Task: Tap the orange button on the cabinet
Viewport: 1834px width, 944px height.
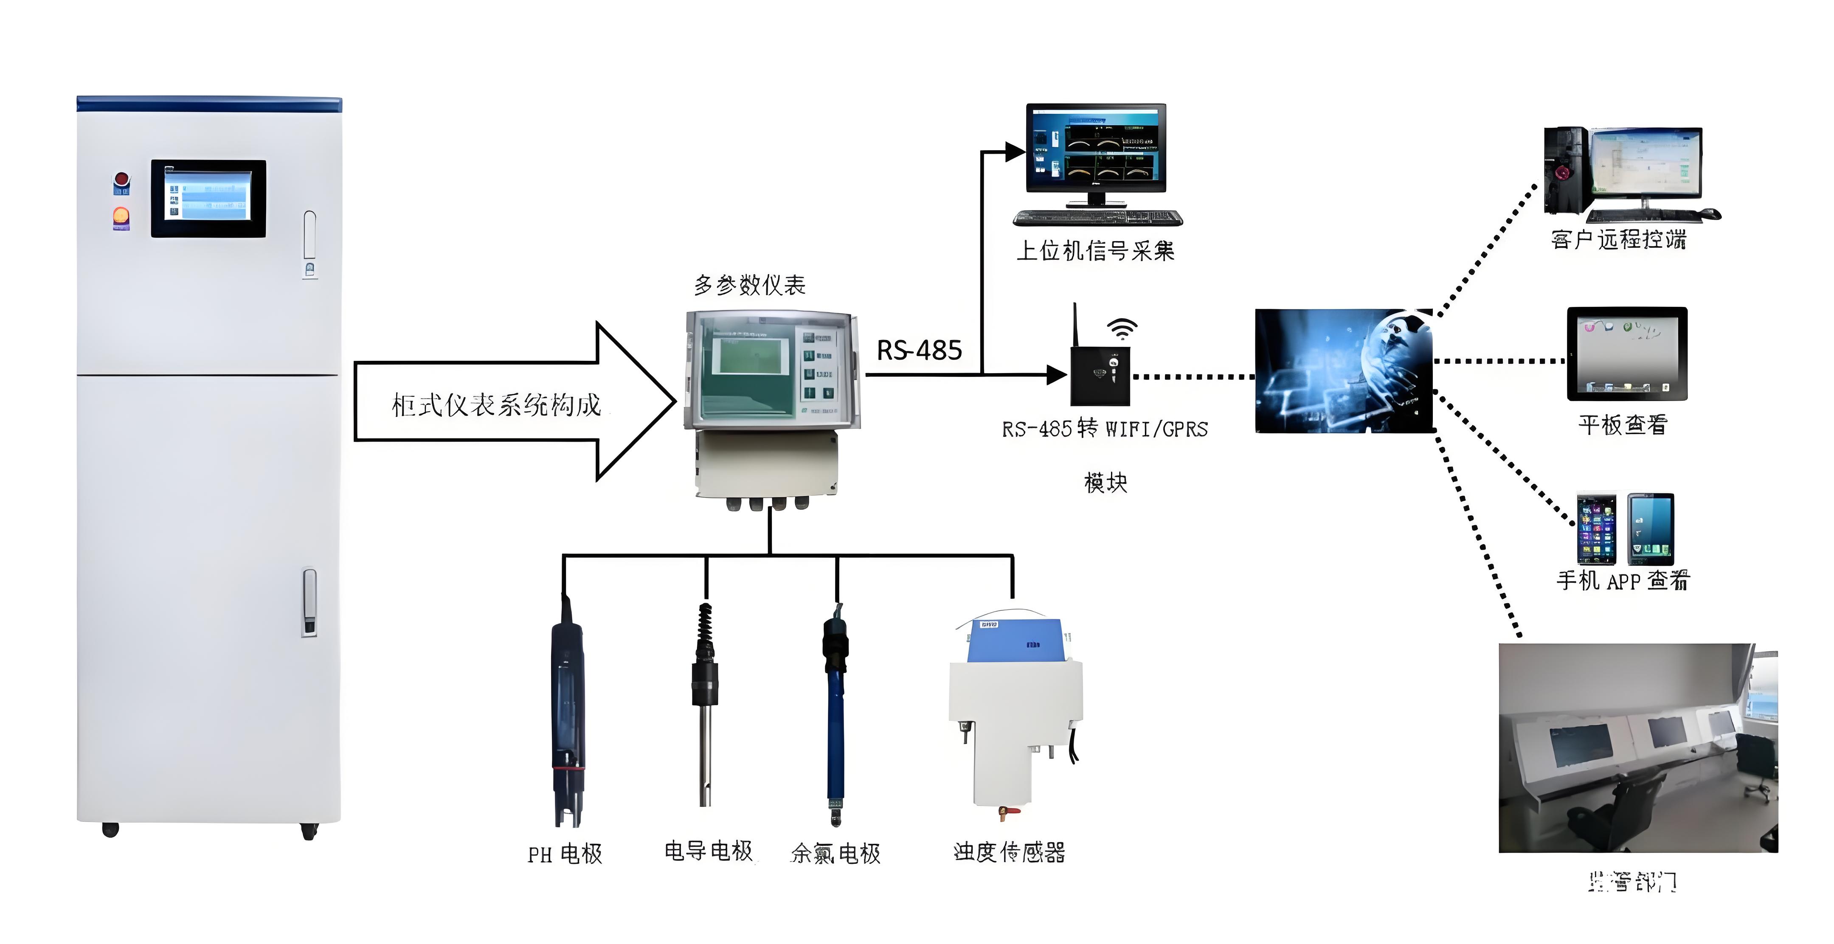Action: click(121, 215)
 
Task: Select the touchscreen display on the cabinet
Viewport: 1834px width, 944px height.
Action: click(208, 199)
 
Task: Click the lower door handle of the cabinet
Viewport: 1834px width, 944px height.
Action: click(309, 601)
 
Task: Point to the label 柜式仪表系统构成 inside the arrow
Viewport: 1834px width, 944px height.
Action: click(496, 405)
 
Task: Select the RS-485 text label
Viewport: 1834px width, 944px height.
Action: click(918, 350)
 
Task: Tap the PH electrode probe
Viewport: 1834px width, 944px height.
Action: click(568, 719)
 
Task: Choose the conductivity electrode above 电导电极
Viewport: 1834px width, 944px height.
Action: click(705, 705)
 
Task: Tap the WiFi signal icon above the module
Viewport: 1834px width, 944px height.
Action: click(1122, 329)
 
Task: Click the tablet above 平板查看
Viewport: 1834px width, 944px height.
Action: click(1627, 354)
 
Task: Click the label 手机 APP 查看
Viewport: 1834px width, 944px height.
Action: click(1622, 580)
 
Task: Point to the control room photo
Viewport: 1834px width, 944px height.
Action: click(1637, 747)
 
